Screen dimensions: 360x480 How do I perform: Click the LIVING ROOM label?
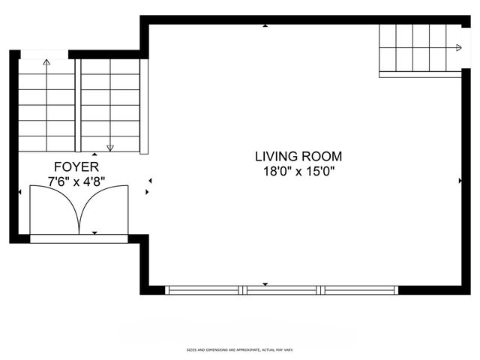pos(298,157)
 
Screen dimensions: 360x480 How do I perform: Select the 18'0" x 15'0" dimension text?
pos(298,171)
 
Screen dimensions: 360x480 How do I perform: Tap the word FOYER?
pos(75,166)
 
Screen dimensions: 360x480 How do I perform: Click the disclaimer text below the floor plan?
pos(239,350)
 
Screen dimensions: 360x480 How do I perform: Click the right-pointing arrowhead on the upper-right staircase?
pos(458,48)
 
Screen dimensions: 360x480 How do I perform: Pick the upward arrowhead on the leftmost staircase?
pos(46,63)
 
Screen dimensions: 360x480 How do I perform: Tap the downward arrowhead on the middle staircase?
pos(110,148)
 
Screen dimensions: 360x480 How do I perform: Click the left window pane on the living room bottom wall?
pos(203,289)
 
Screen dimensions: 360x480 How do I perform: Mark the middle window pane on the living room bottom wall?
pos(282,289)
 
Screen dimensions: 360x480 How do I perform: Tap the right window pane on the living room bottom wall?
pos(359,289)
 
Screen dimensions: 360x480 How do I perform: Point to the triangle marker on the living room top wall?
pos(265,26)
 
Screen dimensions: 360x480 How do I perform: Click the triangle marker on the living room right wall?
pos(459,181)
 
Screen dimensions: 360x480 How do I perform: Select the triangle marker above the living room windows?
pos(265,283)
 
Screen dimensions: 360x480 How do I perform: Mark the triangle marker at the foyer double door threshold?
pos(94,233)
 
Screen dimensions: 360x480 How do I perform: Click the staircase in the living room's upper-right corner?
pos(419,48)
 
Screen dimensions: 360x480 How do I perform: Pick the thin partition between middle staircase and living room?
pos(144,106)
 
